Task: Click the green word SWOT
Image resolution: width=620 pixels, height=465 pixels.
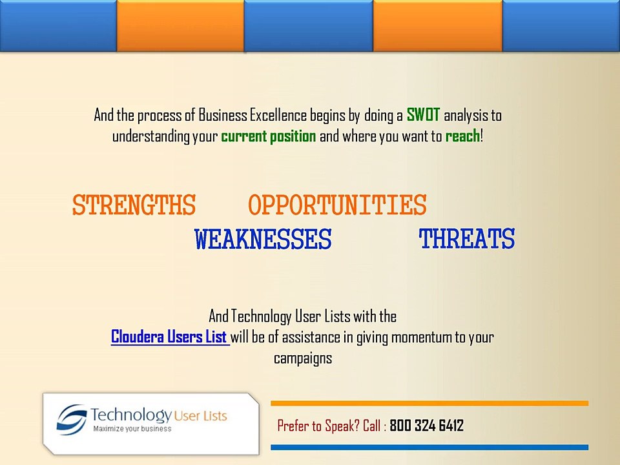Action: tap(423, 115)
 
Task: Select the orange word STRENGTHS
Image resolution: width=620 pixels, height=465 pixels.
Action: tap(134, 205)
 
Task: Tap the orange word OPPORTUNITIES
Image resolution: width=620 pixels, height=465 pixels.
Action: tap(337, 205)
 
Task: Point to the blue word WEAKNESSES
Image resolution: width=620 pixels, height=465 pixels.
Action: tap(263, 239)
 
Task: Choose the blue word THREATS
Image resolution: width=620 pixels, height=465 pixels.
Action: tap(467, 239)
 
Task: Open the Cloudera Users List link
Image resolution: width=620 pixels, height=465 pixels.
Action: tap(169, 337)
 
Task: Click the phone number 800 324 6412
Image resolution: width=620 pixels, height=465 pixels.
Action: tap(427, 426)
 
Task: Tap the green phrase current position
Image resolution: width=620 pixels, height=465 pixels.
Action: tap(269, 136)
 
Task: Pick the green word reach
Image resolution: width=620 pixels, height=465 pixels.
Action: tap(462, 136)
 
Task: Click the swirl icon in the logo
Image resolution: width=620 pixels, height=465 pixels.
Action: tap(72, 420)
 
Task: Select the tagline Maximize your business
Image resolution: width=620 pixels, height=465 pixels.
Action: tap(132, 429)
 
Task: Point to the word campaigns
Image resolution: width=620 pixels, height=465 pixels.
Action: tap(303, 358)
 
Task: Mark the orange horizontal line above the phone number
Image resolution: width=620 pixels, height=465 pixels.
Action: tap(429, 403)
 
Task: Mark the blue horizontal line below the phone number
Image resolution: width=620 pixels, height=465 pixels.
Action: tap(429, 447)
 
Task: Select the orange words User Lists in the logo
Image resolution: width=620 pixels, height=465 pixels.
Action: tap(200, 416)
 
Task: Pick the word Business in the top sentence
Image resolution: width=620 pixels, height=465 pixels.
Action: tap(223, 115)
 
